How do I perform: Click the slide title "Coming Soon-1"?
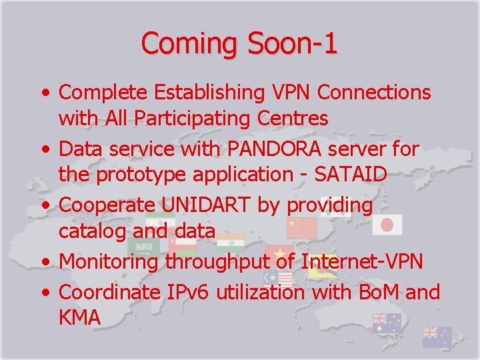(x=239, y=43)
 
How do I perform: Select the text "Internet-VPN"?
(x=363, y=261)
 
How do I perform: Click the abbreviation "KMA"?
(x=80, y=317)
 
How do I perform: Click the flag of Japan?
(x=387, y=225)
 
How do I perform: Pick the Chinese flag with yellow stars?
(x=301, y=229)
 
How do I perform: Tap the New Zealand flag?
(x=437, y=337)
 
